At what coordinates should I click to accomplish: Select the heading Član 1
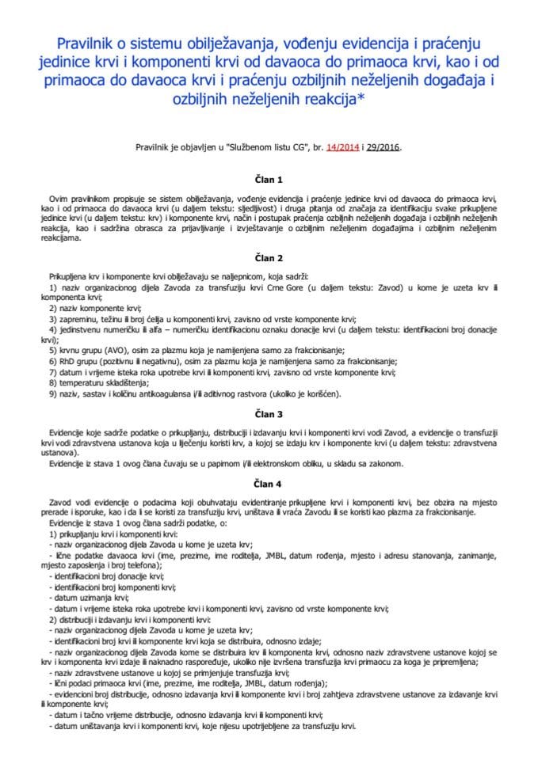tap(269, 180)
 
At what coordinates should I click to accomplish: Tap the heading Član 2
tap(269, 257)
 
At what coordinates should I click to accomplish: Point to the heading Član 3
tap(269, 414)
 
